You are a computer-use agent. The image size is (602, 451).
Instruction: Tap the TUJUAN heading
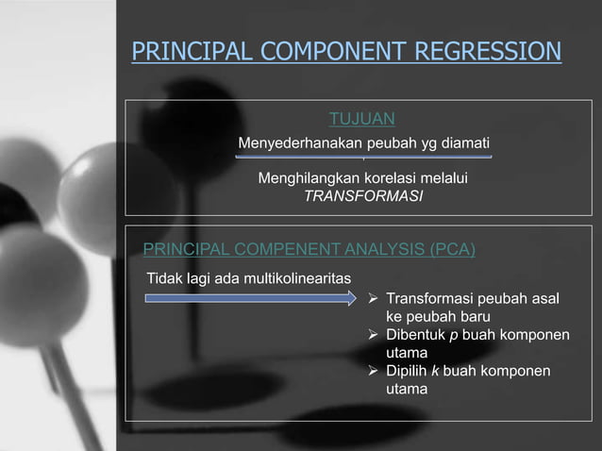pos(361,118)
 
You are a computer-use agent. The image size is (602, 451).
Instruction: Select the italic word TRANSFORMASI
pos(363,196)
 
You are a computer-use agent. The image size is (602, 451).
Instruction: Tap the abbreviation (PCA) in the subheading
pos(452,249)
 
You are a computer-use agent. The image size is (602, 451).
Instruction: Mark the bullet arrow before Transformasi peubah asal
pos(375,299)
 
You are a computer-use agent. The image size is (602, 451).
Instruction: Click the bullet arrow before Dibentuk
pos(375,335)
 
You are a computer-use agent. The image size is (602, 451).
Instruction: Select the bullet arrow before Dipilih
pos(375,371)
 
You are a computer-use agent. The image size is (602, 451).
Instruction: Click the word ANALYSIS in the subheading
pos(376,249)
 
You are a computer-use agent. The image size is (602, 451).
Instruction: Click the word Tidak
pos(163,278)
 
